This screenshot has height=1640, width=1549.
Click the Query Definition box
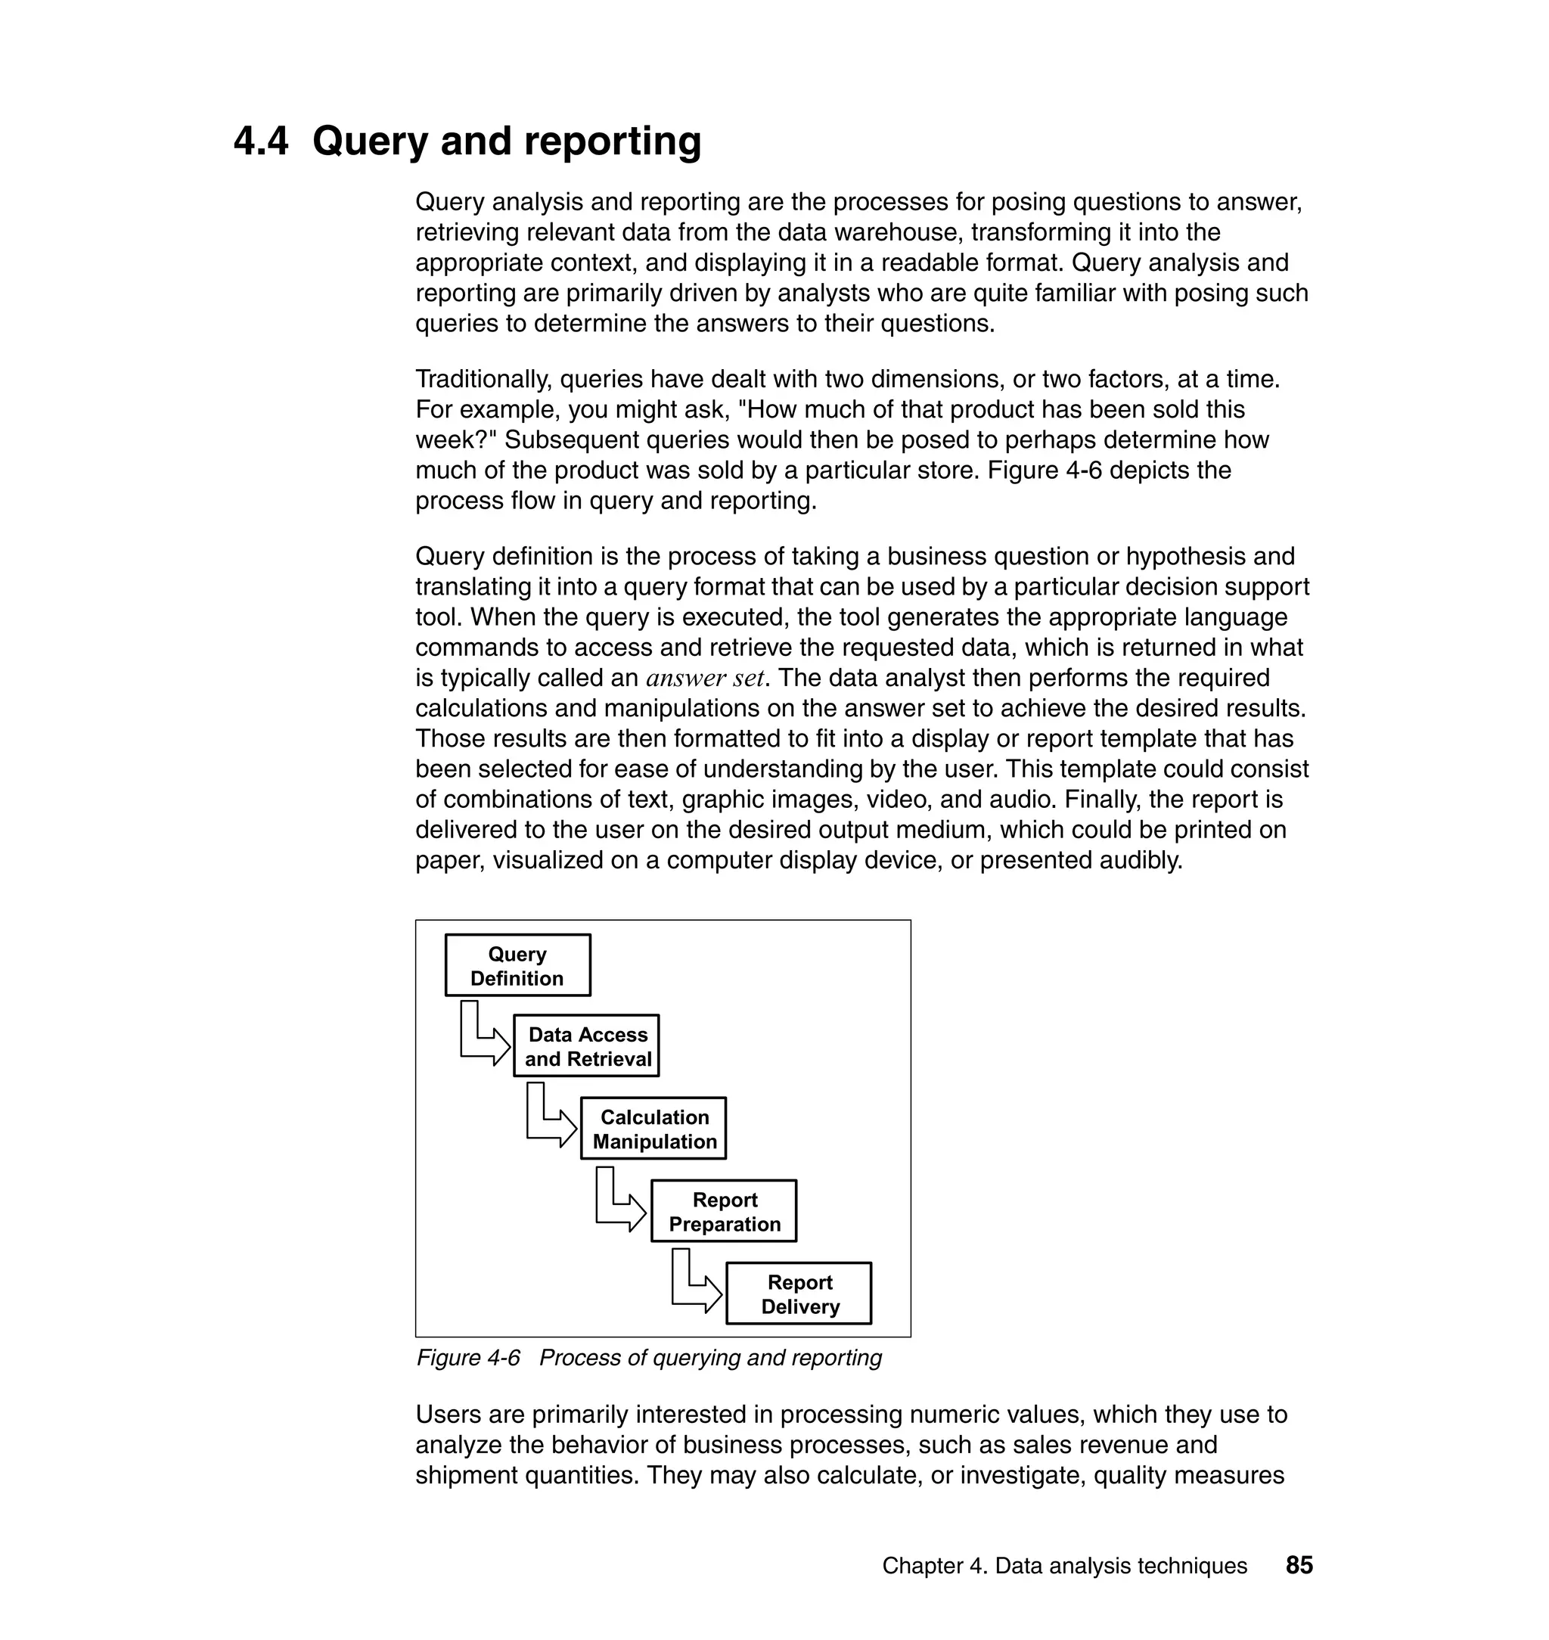[517, 965]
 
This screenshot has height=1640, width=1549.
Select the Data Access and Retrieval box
[586, 1046]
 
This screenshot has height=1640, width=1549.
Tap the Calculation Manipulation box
[653, 1129]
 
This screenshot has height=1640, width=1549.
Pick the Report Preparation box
[723, 1211]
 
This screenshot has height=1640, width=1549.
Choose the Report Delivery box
[799, 1294]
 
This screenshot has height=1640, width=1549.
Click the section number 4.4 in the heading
[261, 141]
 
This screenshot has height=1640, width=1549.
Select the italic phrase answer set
[704, 678]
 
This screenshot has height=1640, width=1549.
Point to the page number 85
[1299, 1566]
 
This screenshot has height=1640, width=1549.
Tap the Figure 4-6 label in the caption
[468, 1358]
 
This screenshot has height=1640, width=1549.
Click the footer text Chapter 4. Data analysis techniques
[1064, 1567]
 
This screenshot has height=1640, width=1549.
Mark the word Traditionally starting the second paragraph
[483, 380]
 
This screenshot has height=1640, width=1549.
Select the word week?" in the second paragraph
[456, 440]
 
